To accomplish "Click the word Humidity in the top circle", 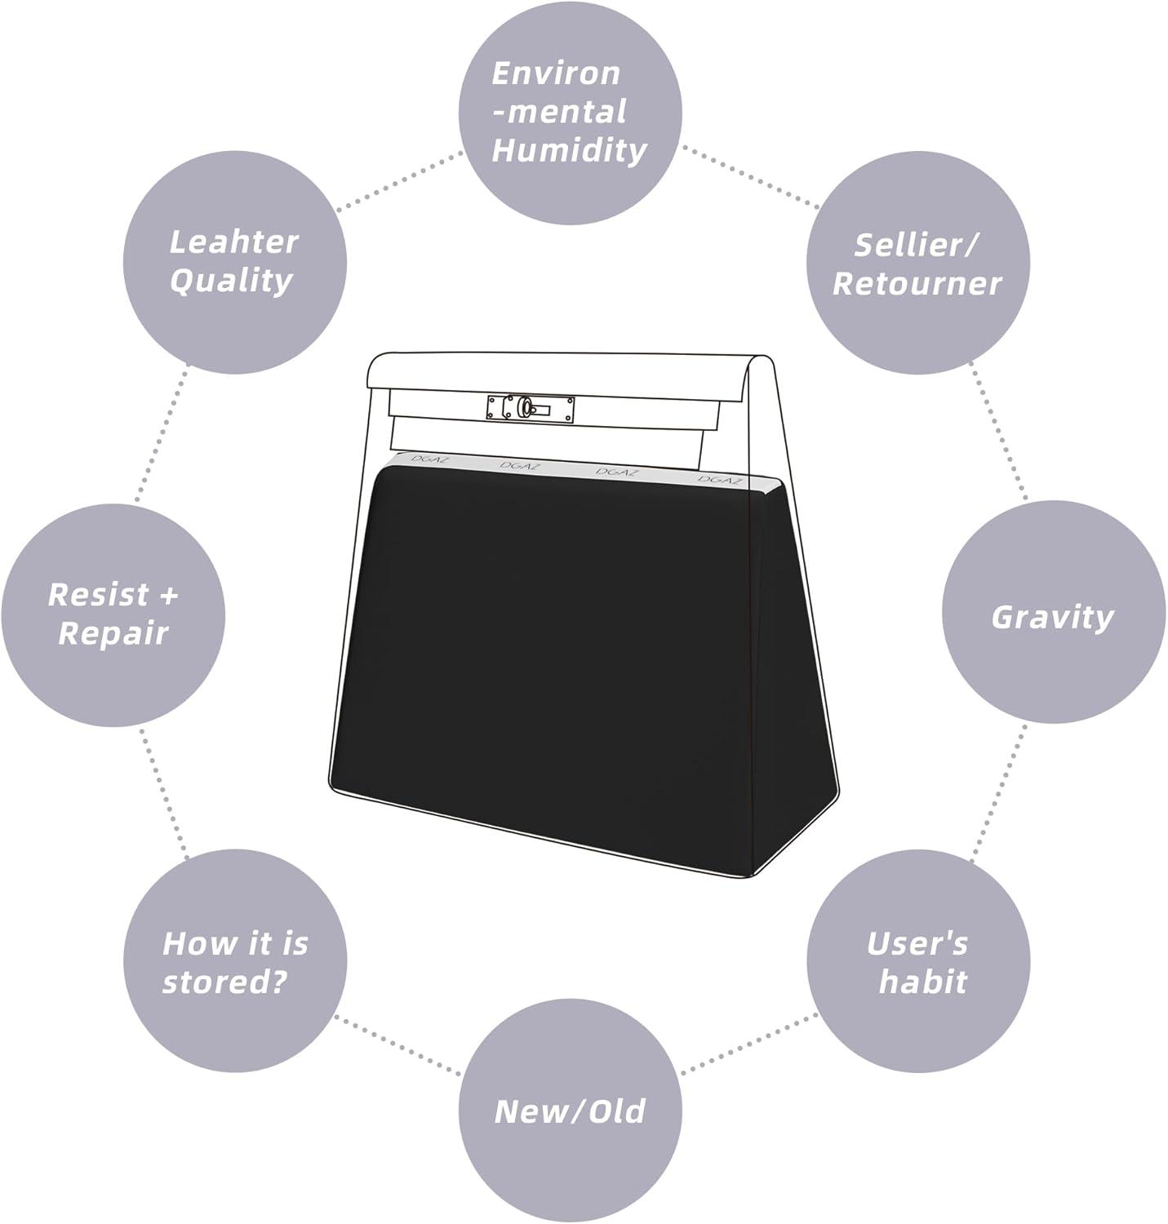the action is pyautogui.click(x=570, y=151).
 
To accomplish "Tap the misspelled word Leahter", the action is pyautogui.click(x=233, y=242).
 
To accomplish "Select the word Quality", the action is pyautogui.click(x=230, y=281).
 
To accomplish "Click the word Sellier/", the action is pyautogui.click(x=917, y=245).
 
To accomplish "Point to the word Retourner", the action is pyautogui.click(x=917, y=284).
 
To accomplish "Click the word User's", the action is pyautogui.click(x=917, y=943).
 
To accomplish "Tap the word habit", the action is pyautogui.click(x=922, y=981).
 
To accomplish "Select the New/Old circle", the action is pyautogui.click(x=570, y=1111).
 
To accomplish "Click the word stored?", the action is pyautogui.click(x=224, y=982).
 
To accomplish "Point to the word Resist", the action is pyautogui.click(x=99, y=595).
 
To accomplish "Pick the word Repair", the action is pyautogui.click(x=113, y=634).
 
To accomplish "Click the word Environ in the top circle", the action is pyautogui.click(x=556, y=73).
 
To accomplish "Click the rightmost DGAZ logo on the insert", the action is pyautogui.click(x=720, y=480).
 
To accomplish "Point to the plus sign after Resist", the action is pyautogui.click(x=168, y=596).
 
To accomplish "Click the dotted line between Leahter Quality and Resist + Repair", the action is pyautogui.click(x=161, y=436).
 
